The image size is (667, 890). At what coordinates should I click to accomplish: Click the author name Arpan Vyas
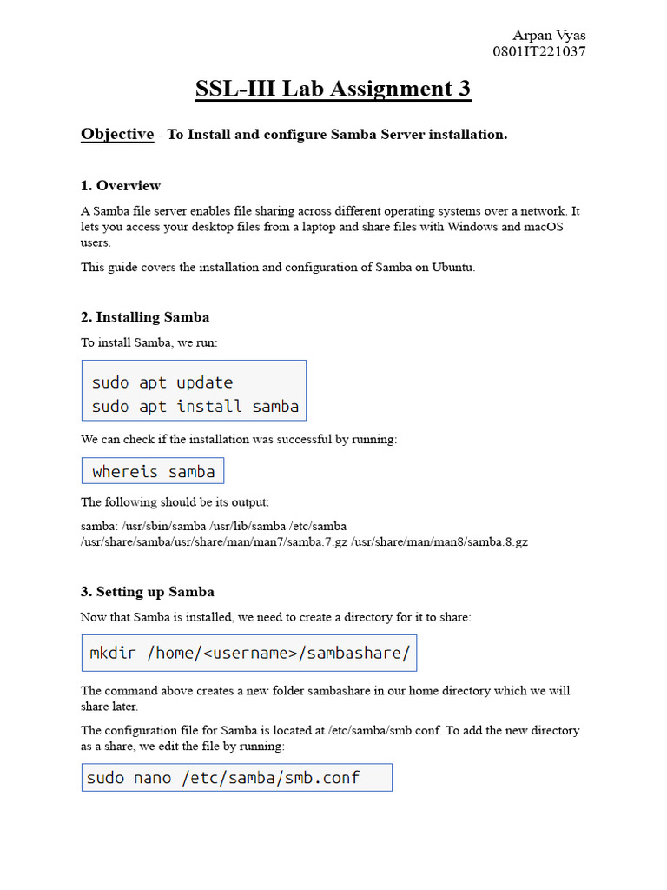pyautogui.click(x=549, y=36)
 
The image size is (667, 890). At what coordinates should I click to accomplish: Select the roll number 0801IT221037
pyautogui.click(x=538, y=51)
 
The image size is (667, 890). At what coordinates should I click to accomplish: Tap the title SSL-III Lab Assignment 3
pyautogui.click(x=333, y=89)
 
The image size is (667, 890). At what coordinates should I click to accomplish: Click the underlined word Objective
pyautogui.click(x=117, y=134)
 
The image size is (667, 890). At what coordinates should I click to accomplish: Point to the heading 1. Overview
pyautogui.click(x=121, y=185)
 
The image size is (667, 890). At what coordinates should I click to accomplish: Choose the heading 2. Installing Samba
pyautogui.click(x=145, y=316)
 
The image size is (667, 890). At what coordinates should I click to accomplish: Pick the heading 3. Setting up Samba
pyautogui.click(x=148, y=592)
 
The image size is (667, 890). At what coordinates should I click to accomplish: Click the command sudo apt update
pyautogui.click(x=162, y=382)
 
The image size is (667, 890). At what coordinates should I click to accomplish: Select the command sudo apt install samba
pyautogui.click(x=195, y=406)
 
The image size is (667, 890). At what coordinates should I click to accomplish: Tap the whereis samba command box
pyautogui.click(x=153, y=471)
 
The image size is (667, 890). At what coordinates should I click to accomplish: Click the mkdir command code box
pyautogui.click(x=249, y=653)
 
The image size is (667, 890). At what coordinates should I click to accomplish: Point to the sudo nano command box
pyautogui.click(x=236, y=778)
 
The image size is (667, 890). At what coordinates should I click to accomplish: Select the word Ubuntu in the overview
pyautogui.click(x=451, y=267)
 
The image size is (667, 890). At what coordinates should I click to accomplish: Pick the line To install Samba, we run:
pyautogui.click(x=149, y=342)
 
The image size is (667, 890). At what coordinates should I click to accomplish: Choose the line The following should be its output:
pyautogui.click(x=175, y=501)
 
